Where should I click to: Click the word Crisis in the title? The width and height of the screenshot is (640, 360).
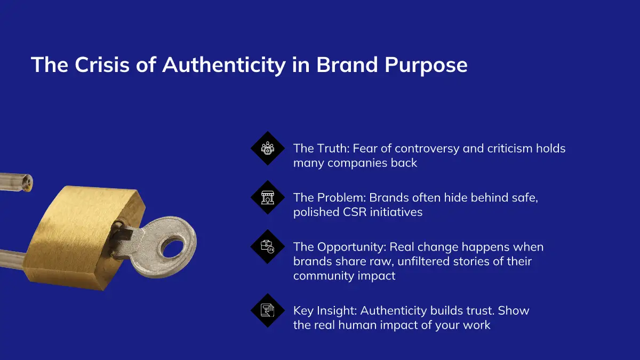(102, 65)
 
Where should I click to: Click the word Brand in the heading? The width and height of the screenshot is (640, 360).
(347, 65)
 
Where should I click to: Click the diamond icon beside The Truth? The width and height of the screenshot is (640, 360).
(268, 148)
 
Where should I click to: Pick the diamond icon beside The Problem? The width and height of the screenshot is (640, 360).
(268, 197)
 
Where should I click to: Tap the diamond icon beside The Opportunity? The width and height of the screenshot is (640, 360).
(268, 246)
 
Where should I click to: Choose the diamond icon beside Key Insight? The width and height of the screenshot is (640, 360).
(268, 310)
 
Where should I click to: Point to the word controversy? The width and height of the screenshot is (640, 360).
(427, 149)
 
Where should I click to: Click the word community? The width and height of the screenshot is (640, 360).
(323, 276)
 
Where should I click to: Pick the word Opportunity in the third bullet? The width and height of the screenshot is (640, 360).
(351, 247)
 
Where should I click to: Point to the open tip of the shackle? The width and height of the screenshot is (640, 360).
(28, 183)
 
